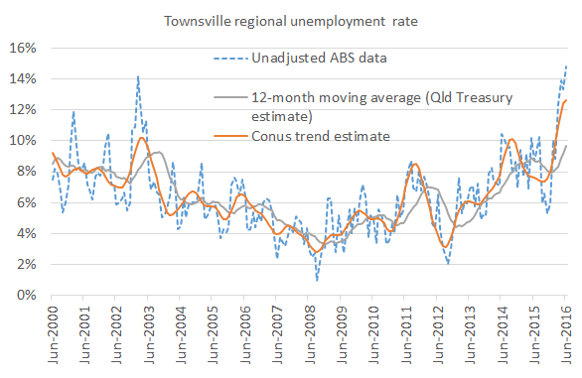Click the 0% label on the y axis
pyautogui.click(x=25, y=295)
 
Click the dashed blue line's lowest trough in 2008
pyautogui.click(x=317, y=280)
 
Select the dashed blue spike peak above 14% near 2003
pyautogui.click(x=137, y=75)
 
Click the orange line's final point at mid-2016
pyautogui.click(x=566, y=100)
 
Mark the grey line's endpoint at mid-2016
pyautogui.click(x=566, y=145)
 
